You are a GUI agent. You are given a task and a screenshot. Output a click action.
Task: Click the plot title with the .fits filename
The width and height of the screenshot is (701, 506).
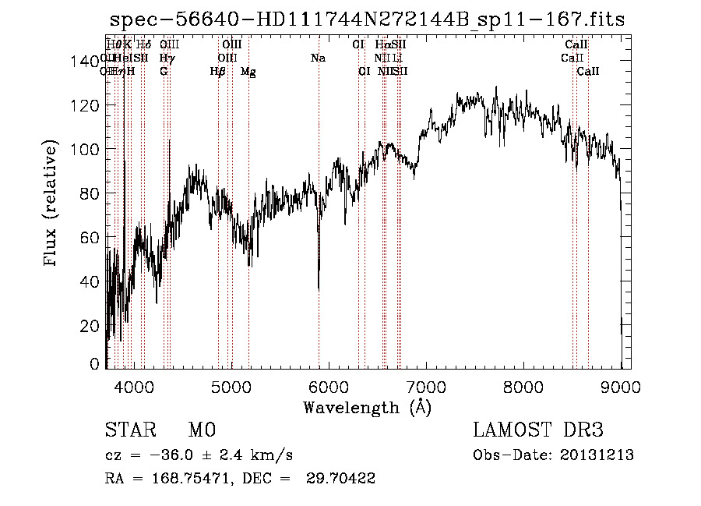tap(367, 19)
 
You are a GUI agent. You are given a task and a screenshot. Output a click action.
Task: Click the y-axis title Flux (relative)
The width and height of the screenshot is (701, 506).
tap(51, 204)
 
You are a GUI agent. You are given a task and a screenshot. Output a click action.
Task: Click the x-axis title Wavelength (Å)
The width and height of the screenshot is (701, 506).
tap(367, 407)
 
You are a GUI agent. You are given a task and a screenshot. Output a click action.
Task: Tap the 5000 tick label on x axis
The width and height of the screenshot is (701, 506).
tap(231, 386)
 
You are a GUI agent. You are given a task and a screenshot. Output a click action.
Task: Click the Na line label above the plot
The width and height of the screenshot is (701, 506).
tap(317, 58)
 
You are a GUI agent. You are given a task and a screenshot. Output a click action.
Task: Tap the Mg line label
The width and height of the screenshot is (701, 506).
tap(248, 72)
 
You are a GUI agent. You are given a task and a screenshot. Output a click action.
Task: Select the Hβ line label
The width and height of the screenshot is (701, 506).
tap(218, 72)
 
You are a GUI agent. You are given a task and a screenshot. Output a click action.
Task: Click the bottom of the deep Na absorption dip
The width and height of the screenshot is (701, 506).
tap(319, 289)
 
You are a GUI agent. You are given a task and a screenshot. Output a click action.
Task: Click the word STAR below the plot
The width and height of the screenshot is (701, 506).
tap(131, 431)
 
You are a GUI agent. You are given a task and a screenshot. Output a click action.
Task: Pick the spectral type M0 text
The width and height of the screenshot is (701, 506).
tap(201, 431)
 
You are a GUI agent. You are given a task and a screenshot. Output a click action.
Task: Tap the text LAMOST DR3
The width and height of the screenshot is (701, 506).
tap(538, 431)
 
